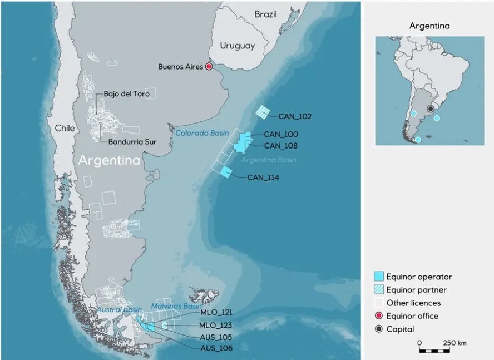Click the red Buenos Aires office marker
209,67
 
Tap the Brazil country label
265,14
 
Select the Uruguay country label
237,46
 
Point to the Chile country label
65,129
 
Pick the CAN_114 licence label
264,178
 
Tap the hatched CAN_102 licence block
262,112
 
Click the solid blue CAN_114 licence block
226,172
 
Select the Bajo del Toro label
126,94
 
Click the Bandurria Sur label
132,142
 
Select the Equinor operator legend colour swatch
379,277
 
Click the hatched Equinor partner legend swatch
379,290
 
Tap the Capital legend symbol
379,329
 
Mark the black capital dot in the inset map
430,109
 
